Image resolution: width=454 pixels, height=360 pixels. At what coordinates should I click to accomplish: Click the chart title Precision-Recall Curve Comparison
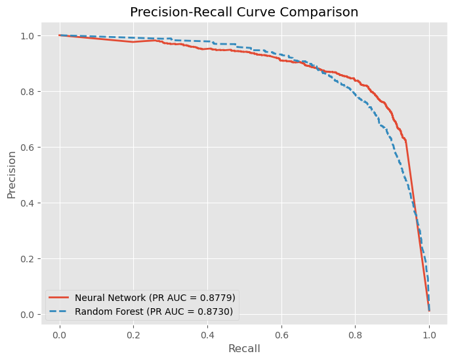(244, 12)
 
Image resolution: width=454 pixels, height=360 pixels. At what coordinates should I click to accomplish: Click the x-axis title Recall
(244, 349)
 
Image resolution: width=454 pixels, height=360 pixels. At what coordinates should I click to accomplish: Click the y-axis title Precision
(11, 175)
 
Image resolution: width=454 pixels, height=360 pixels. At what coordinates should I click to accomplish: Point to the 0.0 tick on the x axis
(60, 333)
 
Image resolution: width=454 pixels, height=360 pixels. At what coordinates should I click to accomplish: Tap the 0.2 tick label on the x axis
(133, 333)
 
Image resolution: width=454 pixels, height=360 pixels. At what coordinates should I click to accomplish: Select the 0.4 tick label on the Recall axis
(207, 333)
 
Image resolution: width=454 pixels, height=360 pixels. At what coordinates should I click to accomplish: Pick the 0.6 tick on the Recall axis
(281, 333)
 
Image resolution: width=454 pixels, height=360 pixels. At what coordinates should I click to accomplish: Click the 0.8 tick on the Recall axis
(355, 333)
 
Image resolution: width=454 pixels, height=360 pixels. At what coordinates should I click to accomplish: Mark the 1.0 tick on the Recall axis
(429, 333)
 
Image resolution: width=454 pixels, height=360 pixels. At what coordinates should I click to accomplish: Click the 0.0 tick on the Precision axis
(28, 315)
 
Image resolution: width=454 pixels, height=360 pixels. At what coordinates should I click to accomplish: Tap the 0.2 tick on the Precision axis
(28, 259)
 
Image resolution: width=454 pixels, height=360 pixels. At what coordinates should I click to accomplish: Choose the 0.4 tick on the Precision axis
(28, 203)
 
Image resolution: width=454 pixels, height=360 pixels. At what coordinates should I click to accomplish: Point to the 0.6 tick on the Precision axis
(28, 147)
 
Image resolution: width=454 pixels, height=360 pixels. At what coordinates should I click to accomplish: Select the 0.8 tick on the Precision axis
(28, 91)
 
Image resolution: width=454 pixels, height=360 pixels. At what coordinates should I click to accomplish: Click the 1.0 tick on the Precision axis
(28, 35)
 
